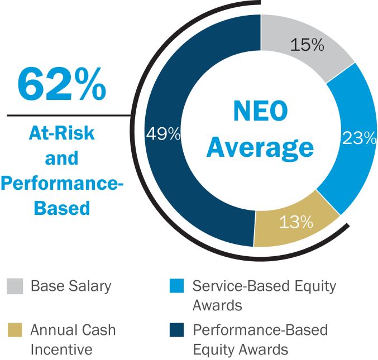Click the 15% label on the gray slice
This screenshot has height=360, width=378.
click(x=307, y=45)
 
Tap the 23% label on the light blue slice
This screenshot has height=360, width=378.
click(x=360, y=138)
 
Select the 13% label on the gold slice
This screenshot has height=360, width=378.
click(x=296, y=222)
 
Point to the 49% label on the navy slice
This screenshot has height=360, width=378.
click(x=162, y=134)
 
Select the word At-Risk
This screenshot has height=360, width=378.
click(x=61, y=134)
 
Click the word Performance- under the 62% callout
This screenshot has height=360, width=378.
click(x=61, y=184)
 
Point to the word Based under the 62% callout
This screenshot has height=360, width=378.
click(x=62, y=208)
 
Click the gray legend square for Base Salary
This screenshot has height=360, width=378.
click(x=15, y=286)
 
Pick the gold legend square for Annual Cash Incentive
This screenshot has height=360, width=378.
click(x=15, y=330)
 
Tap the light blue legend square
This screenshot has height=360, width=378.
click(x=176, y=286)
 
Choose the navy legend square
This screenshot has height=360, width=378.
click(x=176, y=330)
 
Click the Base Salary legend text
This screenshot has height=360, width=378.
click(x=71, y=286)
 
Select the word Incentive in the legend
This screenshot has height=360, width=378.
click(x=61, y=350)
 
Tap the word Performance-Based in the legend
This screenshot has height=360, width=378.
click(x=260, y=330)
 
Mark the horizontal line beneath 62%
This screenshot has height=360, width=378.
click(x=67, y=116)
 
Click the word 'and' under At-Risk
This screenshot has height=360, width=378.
click(x=61, y=159)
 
